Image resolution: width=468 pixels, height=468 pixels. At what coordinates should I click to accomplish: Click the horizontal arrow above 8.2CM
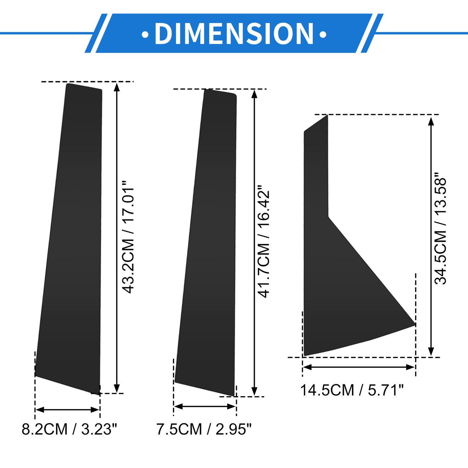(x=67, y=410)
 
